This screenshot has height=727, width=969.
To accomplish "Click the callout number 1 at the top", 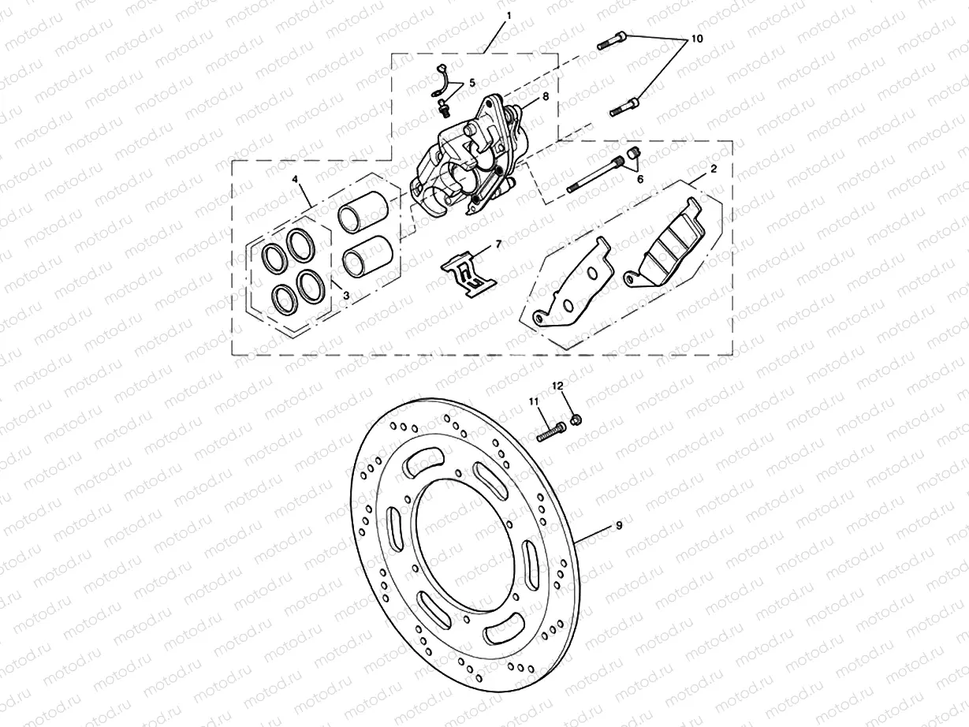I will (509, 15).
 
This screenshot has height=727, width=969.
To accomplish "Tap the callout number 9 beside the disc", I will (619, 526).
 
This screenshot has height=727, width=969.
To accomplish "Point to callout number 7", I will (498, 245).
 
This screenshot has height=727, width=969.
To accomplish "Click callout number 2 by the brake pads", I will (713, 170).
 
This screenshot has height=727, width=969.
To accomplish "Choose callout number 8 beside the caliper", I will (544, 97).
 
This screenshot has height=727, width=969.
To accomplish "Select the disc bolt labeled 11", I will (551, 432).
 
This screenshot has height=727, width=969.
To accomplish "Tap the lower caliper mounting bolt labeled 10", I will (624, 106).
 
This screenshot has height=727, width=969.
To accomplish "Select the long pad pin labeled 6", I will (595, 175).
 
